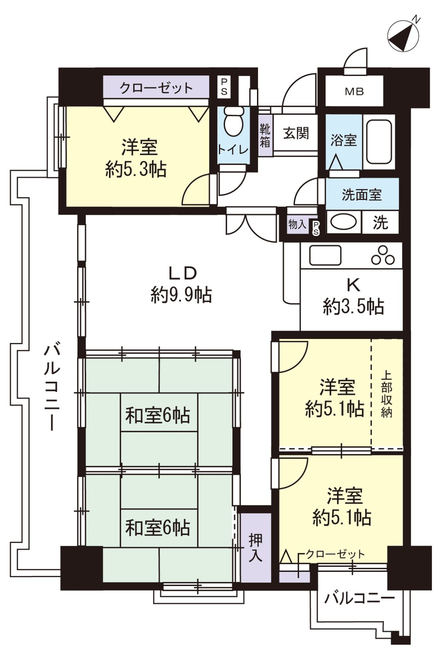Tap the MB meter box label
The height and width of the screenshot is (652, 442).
pyautogui.click(x=354, y=91)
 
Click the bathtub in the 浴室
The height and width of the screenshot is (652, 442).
pyautogui.click(x=380, y=142)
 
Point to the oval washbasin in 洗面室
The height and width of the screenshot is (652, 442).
pyautogui.click(x=343, y=222)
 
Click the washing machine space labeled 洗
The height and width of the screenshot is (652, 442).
pyautogui.click(x=380, y=223)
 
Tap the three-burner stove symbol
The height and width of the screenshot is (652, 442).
pyautogui.click(x=383, y=256)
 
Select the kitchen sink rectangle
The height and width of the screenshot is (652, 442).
pyautogui.click(x=325, y=255)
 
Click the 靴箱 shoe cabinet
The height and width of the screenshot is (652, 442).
pyautogui.click(x=265, y=135)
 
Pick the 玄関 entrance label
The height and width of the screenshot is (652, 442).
pyautogui.click(x=296, y=133)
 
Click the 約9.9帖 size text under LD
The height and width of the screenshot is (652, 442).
pyautogui.click(x=181, y=295)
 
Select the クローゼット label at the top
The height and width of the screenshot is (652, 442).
pyautogui.click(x=156, y=88)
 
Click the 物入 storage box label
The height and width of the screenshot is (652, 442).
pyautogui.click(x=297, y=224)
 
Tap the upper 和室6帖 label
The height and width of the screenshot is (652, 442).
pyautogui.click(x=158, y=415)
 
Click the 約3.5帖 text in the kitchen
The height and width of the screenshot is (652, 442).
pyautogui.click(x=353, y=307)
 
